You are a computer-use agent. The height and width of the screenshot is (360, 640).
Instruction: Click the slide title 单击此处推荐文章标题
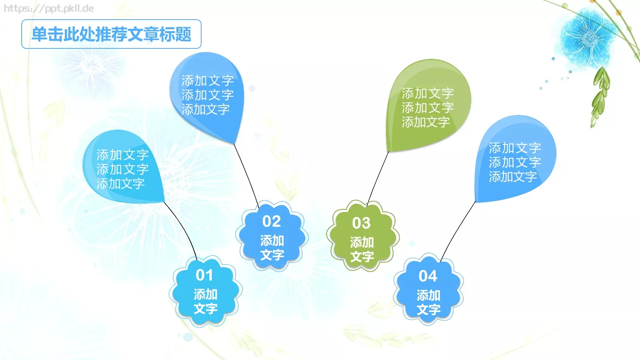pyautogui.click(x=111, y=34)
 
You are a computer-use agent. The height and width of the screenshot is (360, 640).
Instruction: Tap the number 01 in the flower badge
pyautogui.click(x=204, y=275)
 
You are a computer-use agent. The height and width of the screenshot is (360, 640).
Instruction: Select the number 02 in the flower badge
pyautogui.click(x=272, y=221)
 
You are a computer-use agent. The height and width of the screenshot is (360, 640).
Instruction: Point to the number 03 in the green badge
pyautogui.click(x=361, y=223)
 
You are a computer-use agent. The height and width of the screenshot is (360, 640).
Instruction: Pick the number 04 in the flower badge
pyautogui.click(x=428, y=276)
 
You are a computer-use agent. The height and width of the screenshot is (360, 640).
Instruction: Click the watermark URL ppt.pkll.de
pyautogui.click(x=49, y=8)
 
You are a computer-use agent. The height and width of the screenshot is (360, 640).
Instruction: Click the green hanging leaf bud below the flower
pyautogui.click(x=600, y=96)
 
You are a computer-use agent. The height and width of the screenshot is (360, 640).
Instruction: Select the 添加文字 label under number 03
pyautogui.click(x=362, y=250)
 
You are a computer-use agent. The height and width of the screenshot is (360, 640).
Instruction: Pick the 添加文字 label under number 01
pyautogui.click(x=206, y=302)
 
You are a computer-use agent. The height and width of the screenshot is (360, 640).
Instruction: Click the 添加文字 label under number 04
pyautogui.click(x=428, y=302)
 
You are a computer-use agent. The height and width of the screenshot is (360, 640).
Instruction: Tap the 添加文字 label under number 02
pyautogui.click(x=272, y=248)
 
